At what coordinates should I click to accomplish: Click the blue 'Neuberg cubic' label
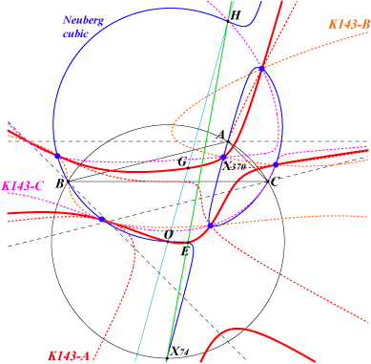click(x=83, y=27)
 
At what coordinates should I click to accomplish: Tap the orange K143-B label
click(x=349, y=24)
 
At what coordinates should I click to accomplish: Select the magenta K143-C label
click(x=22, y=185)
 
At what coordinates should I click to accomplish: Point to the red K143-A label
click(x=69, y=355)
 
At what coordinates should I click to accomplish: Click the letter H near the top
click(x=235, y=15)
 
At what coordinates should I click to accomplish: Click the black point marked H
click(x=228, y=21)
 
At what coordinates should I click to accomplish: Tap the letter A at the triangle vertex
click(x=221, y=135)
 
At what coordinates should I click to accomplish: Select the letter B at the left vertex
click(x=59, y=183)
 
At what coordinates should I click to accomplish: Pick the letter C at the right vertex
click(x=275, y=182)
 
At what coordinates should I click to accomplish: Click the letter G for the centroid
click(x=182, y=161)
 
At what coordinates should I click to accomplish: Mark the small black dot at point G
click(x=188, y=168)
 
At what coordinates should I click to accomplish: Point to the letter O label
click(x=168, y=235)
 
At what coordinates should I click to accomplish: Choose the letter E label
click(x=185, y=251)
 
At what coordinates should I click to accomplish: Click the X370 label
click(x=235, y=166)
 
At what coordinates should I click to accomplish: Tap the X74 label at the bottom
click(x=180, y=352)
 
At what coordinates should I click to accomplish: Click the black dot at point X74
click(x=167, y=358)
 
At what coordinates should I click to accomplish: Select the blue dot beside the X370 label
click(x=223, y=157)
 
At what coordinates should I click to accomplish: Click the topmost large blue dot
click(x=261, y=69)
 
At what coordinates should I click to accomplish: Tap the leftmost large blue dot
click(x=57, y=156)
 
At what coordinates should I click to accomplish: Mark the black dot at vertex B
click(x=68, y=182)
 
